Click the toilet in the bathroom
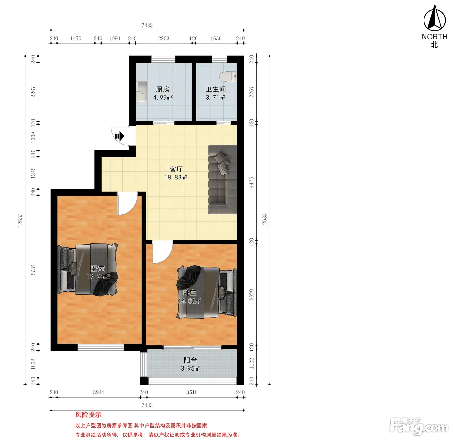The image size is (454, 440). (228, 77)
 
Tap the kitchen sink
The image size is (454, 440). (141, 92)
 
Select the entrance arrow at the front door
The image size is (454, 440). (119, 136)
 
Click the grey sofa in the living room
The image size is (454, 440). (222, 179)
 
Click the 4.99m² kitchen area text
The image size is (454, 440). (162, 98)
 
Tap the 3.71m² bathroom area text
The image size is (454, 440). (215, 98)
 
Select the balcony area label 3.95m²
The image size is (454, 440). (190, 368)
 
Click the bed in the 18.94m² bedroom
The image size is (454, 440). (88, 270)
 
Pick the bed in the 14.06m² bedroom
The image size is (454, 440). (207, 292)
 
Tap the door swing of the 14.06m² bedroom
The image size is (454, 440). (162, 252)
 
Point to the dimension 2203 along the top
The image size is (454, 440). (163, 38)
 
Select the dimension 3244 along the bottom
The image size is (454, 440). (99, 392)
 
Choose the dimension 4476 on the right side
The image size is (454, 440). (251, 182)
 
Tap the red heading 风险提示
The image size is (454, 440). (88, 415)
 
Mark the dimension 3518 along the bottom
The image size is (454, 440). (192, 392)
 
